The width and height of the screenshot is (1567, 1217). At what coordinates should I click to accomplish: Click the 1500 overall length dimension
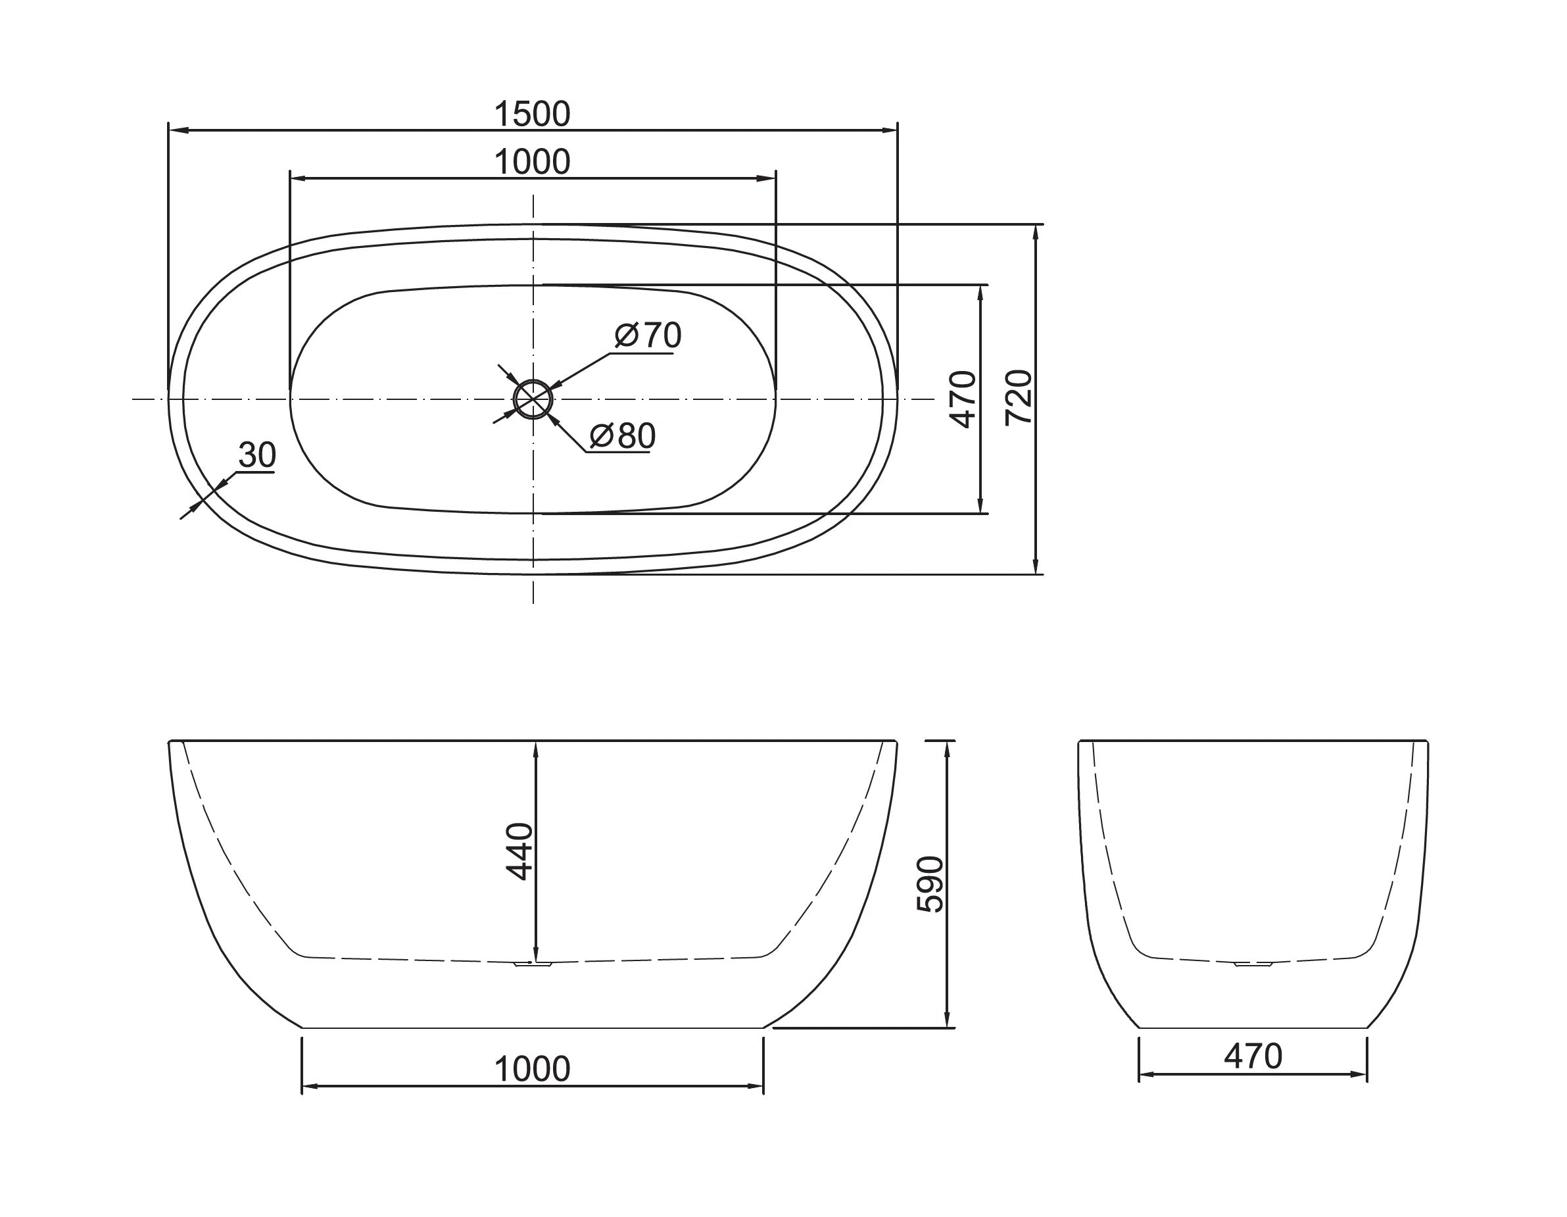click(x=532, y=114)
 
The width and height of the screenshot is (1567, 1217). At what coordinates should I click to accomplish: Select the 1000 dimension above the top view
click(x=532, y=162)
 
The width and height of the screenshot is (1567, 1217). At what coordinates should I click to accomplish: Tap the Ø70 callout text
click(x=648, y=335)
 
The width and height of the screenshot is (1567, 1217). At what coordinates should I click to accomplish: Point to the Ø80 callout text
click(x=622, y=435)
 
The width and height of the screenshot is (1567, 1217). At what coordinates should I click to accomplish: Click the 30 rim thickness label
click(x=257, y=455)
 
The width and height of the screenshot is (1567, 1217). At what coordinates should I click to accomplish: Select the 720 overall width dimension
click(x=1019, y=398)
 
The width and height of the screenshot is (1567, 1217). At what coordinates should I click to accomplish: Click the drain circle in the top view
click(x=533, y=399)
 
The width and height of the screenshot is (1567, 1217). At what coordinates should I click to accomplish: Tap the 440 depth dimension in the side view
click(x=519, y=851)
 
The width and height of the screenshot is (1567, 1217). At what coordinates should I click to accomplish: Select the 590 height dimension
click(x=930, y=884)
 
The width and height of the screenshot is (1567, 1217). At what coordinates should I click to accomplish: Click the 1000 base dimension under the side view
click(x=532, y=1069)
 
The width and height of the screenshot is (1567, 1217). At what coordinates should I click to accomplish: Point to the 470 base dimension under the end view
click(x=1253, y=1056)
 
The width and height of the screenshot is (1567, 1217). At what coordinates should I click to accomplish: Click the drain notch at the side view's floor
click(x=533, y=965)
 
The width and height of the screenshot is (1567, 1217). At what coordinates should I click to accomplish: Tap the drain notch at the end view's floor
click(x=1253, y=965)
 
